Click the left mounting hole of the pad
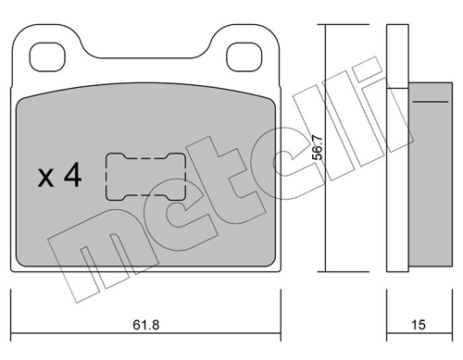coord(47,57)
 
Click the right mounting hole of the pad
coord(244,57)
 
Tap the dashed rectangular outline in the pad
coord(106,177)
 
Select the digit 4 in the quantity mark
coord(72,175)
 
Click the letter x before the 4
coord(45,179)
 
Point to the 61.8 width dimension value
coord(146,325)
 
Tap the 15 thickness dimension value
coord(419,325)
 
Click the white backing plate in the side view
coord(397,148)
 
